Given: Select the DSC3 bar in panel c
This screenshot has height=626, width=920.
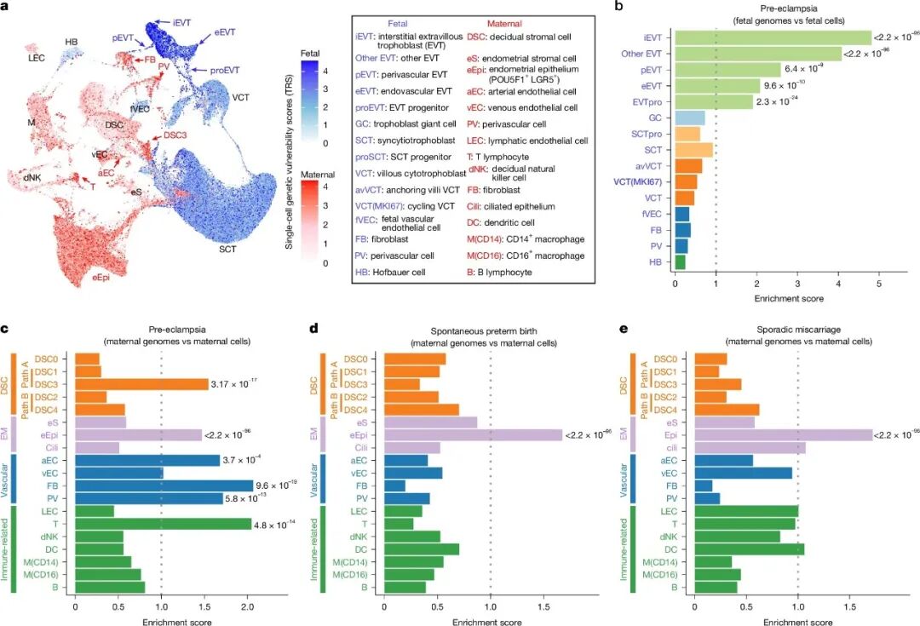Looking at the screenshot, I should click(141, 384).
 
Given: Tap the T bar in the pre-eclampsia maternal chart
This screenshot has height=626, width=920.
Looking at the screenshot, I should click(163, 524).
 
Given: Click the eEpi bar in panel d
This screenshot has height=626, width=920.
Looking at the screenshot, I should click(473, 434).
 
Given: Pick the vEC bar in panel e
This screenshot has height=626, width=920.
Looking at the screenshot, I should click(750, 472).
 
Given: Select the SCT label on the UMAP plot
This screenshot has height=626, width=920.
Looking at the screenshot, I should click(227, 250).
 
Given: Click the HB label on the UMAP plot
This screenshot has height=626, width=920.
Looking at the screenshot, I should click(76, 42).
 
